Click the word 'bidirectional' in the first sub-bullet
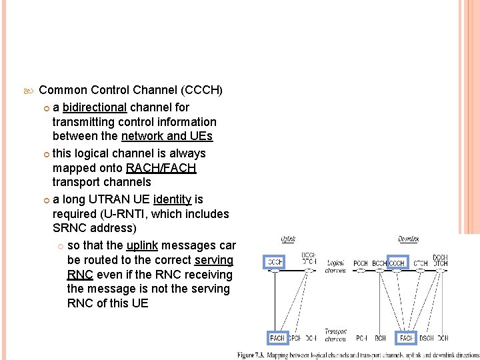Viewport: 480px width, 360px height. [x=94, y=107]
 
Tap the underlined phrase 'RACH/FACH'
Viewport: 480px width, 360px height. [x=161, y=167]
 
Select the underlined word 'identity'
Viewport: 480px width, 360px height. [x=172, y=199]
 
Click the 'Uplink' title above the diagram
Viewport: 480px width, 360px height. [x=288, y=239]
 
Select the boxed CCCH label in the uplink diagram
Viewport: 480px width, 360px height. [x=275, y=263]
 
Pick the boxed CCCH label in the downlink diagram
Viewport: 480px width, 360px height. [x=397, y=263]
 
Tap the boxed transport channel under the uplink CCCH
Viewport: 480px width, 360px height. [x=277, y=338]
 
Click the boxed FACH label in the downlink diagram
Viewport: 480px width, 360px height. [x=405, y=338]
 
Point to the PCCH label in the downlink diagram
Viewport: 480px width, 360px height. [x=361, y=263]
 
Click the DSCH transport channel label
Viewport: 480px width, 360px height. [x=427, y=338]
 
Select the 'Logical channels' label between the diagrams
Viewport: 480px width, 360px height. [x=335, y=267]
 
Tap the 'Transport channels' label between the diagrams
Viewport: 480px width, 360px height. [x=335, y=335]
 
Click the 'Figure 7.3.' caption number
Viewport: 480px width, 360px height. [x=252, y=355]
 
